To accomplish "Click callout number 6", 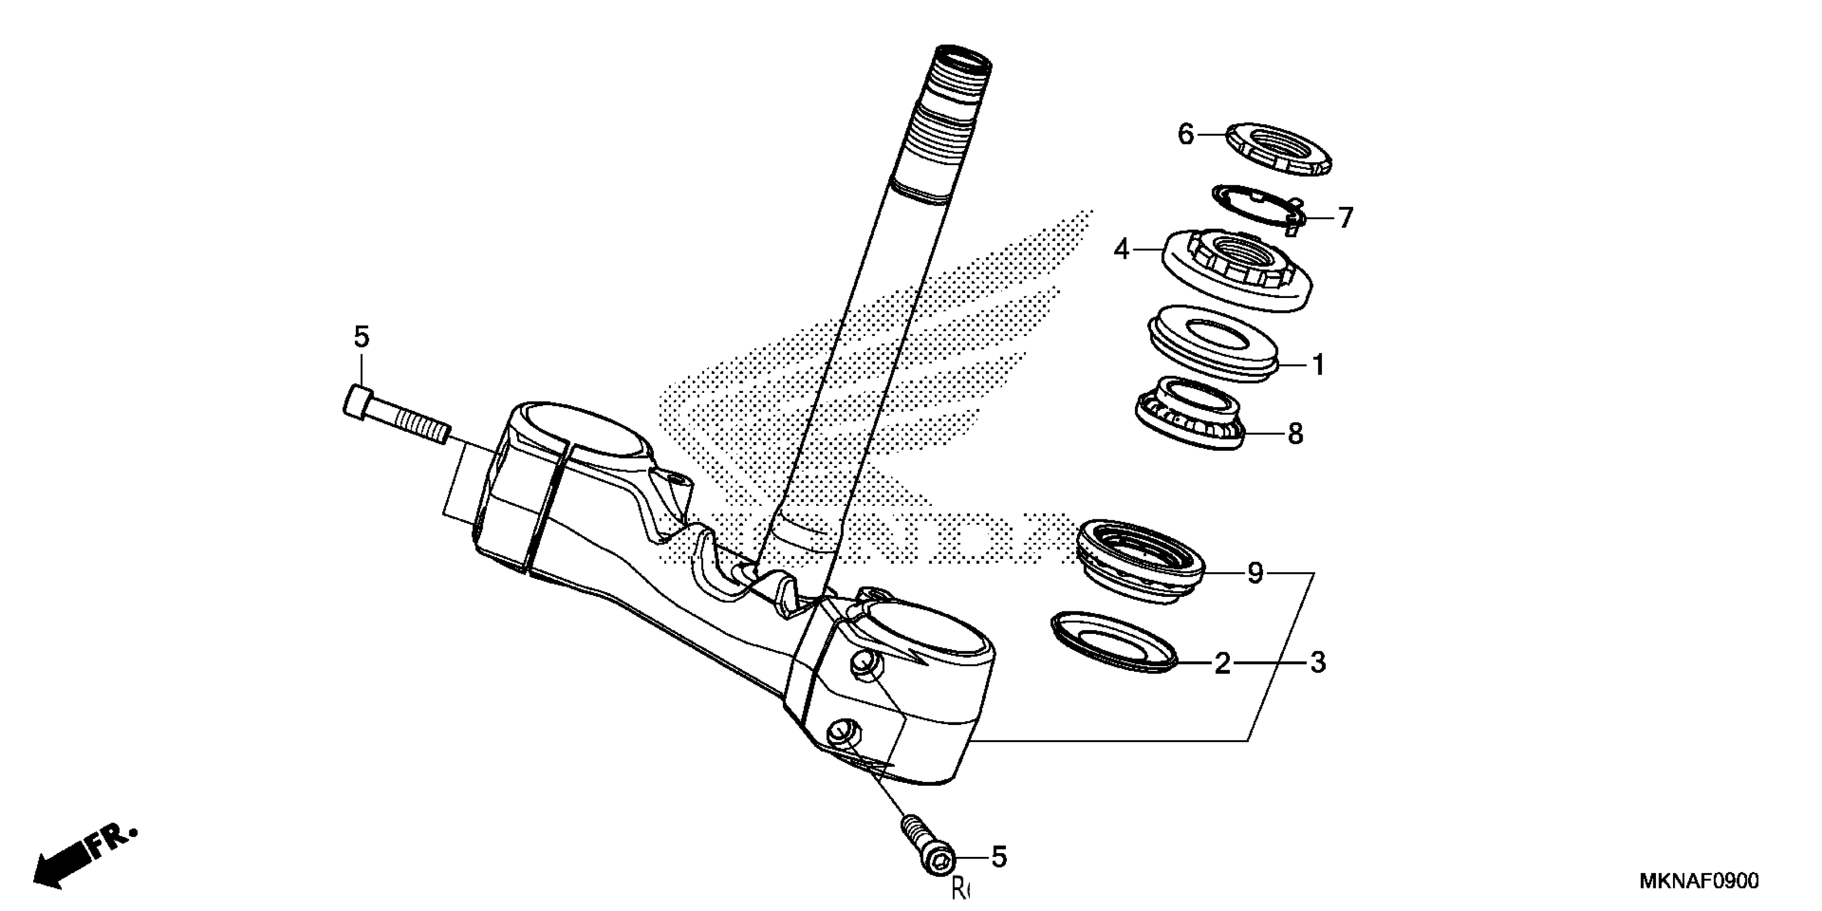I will (1185, 133).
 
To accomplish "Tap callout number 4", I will (1122, 249).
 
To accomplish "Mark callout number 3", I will (1317, 663).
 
